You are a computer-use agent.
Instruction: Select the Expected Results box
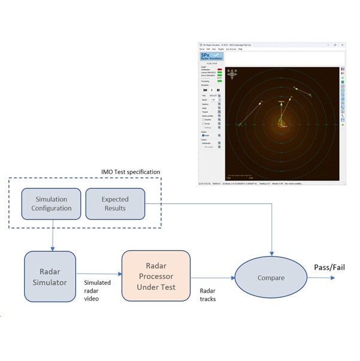tap(115, 204)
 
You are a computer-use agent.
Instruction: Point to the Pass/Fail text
tap(329, 267)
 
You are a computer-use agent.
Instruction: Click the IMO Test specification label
tap(131, 172)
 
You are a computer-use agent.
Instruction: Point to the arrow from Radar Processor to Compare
tap(212, 278)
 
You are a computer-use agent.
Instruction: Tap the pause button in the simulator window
tap(218, 90)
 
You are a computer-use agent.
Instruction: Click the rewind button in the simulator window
tap(205, 90)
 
